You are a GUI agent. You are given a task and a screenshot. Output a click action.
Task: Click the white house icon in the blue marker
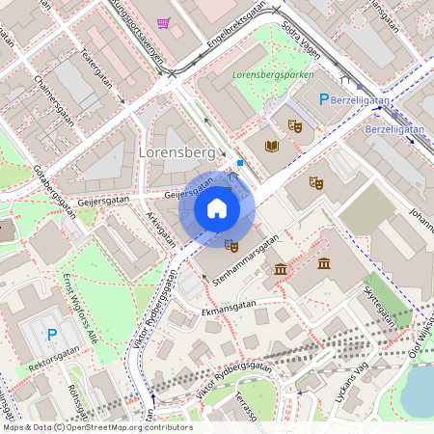[x=217, y=208]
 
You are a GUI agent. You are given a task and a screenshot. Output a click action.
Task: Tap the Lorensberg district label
[x=176, y=153]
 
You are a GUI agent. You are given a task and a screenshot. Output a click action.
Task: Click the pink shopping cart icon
[x=163, y=23]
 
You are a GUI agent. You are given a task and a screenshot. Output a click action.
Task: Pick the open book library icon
[x=272, y=146]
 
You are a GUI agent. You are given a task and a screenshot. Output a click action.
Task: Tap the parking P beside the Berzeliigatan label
[x=325, y=99]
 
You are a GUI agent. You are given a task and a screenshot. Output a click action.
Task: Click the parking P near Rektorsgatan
[x=52, y=335]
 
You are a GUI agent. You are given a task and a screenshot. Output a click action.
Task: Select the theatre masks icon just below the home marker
[x=231, y=247]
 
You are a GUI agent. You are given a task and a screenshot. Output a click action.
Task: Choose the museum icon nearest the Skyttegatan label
[x=324, y=264]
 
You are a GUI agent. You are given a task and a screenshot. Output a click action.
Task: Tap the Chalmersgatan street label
[x=54, y=100]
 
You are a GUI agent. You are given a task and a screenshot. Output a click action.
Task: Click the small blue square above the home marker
[x=240, y=163]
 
